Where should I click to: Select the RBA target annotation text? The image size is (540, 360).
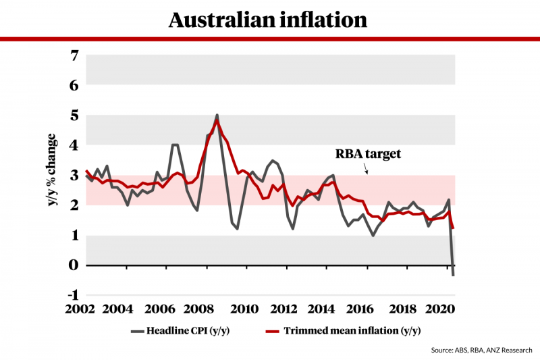point(369,153)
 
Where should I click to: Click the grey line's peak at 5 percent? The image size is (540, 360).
point(217,115)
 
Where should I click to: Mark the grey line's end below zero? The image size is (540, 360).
point(454,274)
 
